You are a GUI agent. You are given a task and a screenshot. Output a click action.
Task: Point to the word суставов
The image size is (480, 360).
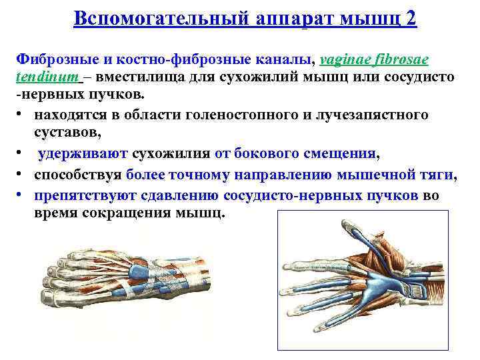pyautogui.click(x=67, y=133)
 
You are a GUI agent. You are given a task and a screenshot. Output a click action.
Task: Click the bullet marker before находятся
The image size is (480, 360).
pyautogui.click(x=21, y=115)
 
